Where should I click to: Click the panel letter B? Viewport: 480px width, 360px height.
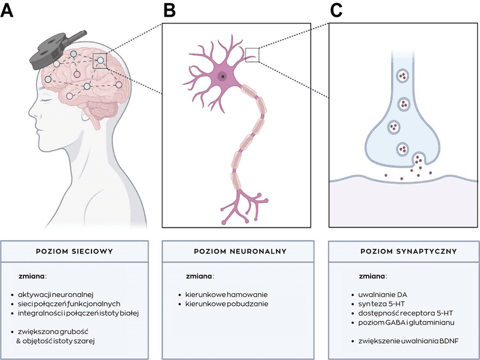tap(170, 10)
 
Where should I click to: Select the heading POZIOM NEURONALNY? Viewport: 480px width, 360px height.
tap(236, 251)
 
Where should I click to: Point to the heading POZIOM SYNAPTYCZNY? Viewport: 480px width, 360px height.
tap(404, 251)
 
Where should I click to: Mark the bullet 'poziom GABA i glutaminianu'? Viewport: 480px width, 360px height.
tap(402, 323)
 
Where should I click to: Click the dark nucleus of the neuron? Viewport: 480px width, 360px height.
tap(223, 76)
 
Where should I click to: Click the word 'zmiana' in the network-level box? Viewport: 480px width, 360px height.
tap(33, 276)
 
